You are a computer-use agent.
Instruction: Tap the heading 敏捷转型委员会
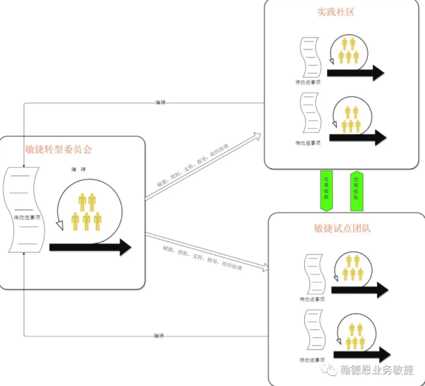[58, 150]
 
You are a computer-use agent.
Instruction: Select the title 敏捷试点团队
[346, 228]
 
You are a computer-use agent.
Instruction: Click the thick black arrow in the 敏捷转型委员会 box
[91, 247]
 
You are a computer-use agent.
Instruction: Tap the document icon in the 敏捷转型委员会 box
[24, 209]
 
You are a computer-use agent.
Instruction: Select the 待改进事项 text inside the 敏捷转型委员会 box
[27, 216]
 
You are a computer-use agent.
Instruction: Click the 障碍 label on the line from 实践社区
[160, 102]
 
